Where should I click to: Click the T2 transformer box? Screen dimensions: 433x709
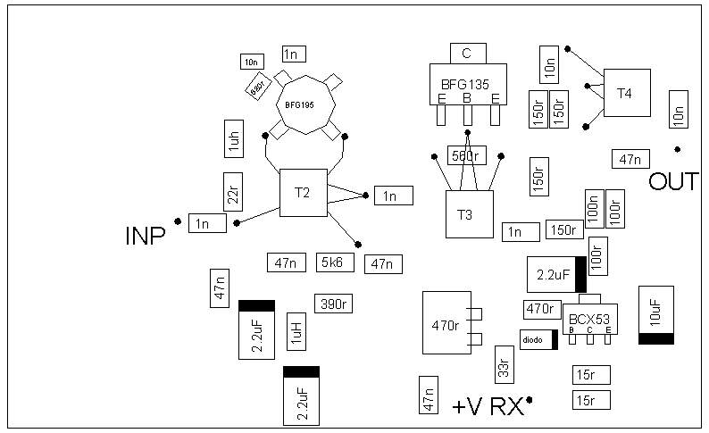[x=303, y=193]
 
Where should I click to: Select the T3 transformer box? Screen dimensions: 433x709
[x=469, y=214]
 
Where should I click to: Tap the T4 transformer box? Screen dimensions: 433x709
[x=626, y=92]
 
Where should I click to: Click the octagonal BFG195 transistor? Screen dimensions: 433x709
[x=300, y=104]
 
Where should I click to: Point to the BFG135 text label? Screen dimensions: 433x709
[x=466, y=85]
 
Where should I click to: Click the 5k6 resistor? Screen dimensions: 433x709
[x=337, y=262]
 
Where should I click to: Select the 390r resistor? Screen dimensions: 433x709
[x=332, y=304]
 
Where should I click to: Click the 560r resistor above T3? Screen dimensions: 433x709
[x=466, y=155]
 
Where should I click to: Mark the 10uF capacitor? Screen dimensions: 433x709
[x=655, y=314]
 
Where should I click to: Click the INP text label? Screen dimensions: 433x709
[x=145, y=237]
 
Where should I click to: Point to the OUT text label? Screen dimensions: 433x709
[x=672, y=182]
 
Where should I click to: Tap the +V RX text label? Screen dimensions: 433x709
[x=488, y=407]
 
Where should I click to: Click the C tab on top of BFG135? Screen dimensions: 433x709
[x=467, y=54]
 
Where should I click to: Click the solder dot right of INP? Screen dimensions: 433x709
[x=178, y=221]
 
